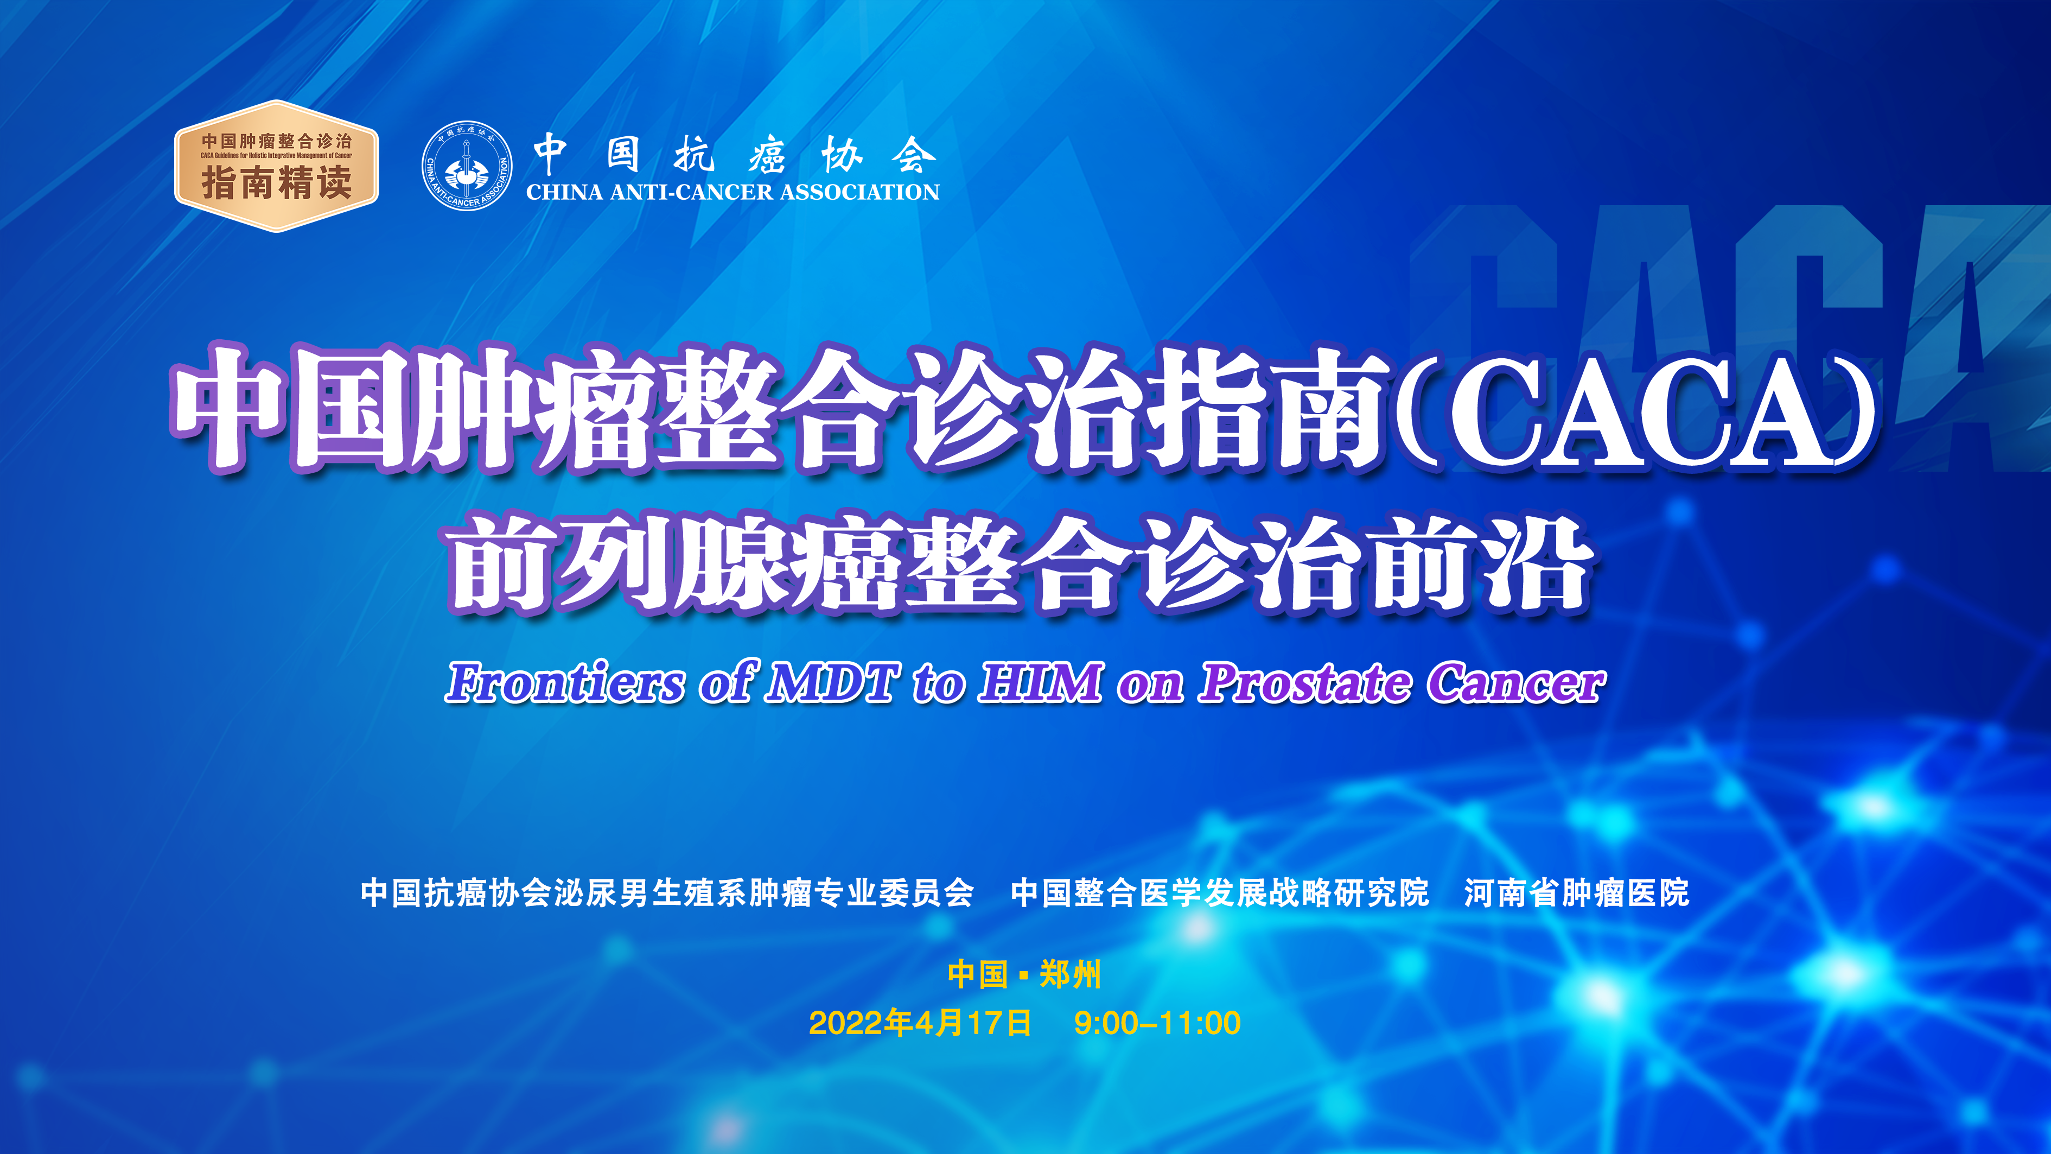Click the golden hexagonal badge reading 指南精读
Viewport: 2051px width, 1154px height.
(x=276, y=167)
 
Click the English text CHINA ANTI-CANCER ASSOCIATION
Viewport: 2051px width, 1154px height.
(x=732, y=192)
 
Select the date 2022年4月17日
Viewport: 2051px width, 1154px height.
(x=920, y=1023)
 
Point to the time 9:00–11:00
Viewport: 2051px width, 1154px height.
(x=1157, y=1023)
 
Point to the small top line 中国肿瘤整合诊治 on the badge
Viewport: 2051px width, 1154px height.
(x=276, y=141)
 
